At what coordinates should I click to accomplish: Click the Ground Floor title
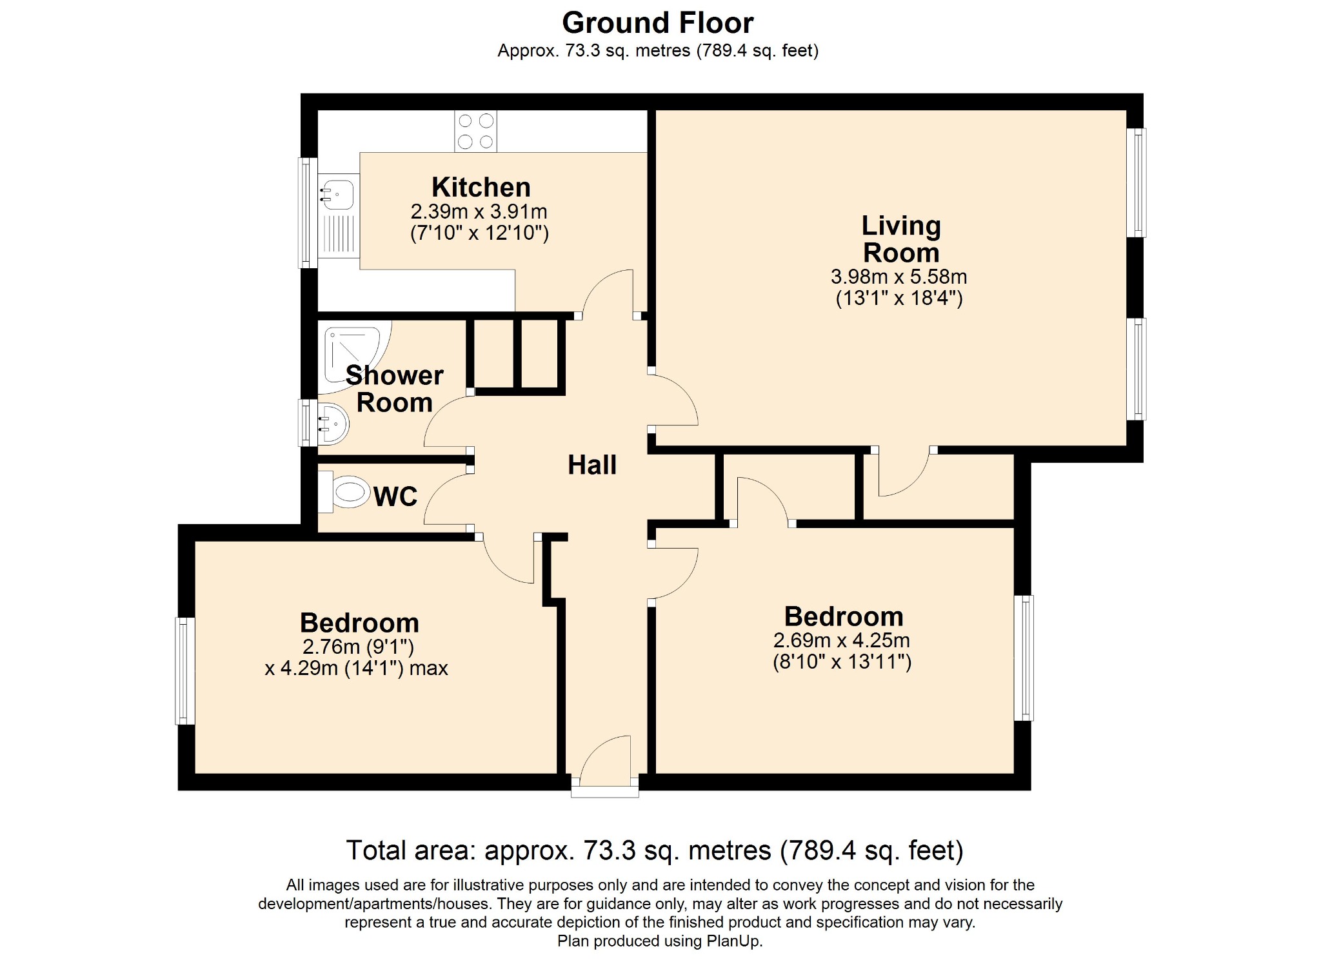[657, 23]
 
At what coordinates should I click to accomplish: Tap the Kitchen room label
[481, 187]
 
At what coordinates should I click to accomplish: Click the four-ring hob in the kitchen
[475, 131]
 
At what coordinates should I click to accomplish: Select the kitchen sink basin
[338, 193]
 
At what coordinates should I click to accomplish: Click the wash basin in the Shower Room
[333, 424]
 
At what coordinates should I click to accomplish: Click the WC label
[395, 496]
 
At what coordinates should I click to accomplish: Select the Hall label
[592, 465]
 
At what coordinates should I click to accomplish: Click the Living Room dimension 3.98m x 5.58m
[899, 277]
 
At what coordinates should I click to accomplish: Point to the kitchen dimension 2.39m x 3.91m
[479, 211]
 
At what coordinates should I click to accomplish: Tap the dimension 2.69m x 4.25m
[842, 640]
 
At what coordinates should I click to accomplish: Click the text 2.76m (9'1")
[359, 646]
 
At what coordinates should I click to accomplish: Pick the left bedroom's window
[185, 671]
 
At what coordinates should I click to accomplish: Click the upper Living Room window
[1137, 182]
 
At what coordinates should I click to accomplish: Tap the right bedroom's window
[1024, 658]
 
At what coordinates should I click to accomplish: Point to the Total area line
[655, 850]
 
